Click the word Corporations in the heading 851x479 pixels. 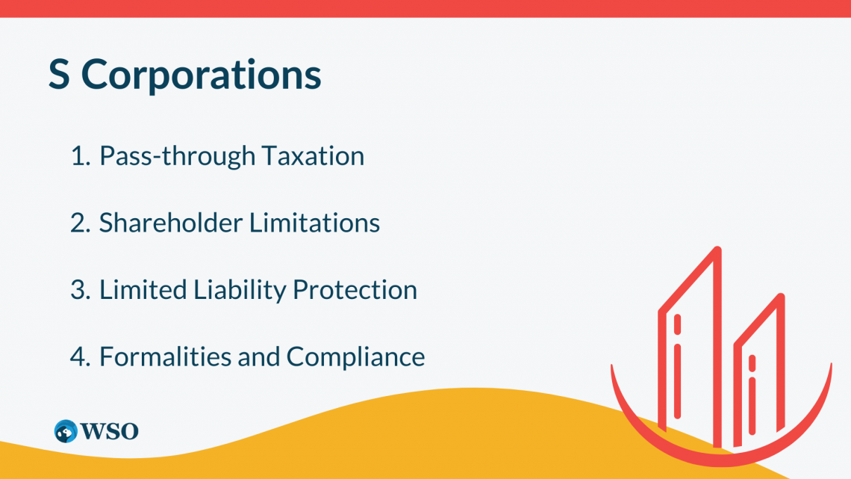click(201, 75)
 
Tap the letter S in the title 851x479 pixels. click(59, 74)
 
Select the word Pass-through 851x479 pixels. click(177, 156)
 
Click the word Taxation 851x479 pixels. click(314, 156)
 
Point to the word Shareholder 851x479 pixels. click(170, 223)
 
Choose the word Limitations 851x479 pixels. click(315, 223)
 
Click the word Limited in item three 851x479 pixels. click(143, 289)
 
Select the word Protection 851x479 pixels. click(355, 289)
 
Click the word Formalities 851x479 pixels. click(164, 356)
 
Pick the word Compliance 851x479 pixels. click(355, 357)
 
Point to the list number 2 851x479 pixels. click(81, 223)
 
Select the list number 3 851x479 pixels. click(81, 290)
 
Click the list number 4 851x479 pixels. click(81, 356)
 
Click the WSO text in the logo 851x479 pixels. click(109, 431)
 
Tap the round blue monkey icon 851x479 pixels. click(66, 431)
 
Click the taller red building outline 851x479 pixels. click(717, 347)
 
